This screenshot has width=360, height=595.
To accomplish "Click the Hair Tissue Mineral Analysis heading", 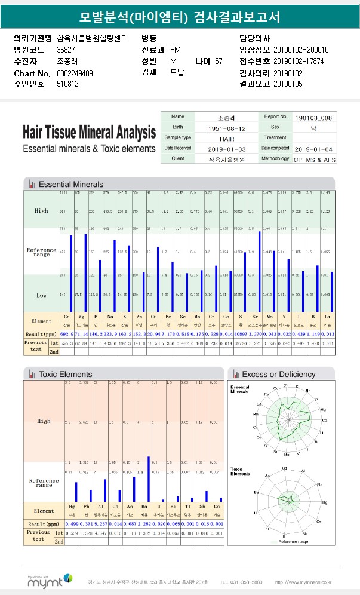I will pyautogui.click(x=89, y=133).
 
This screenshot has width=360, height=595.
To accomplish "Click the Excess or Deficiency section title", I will pyautogui.click(x=278, y=374).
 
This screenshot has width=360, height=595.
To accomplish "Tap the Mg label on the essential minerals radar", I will pyautogui.click(x=323, y=410).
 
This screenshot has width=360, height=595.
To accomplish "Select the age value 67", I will pyautogui.click(x=219, y=61).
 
